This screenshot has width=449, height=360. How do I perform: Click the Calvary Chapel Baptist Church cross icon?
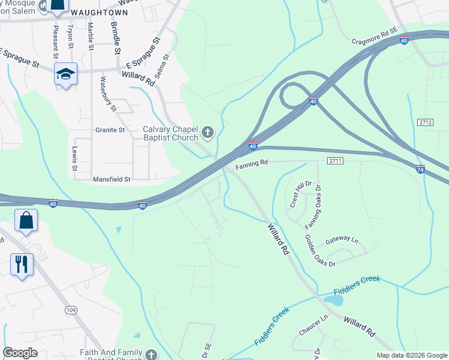tap(208, 131)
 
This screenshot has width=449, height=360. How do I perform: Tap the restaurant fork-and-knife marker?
tap(20, 263)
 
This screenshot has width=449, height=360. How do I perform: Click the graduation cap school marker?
tap(65, 74)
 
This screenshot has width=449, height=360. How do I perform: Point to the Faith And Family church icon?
tap(151, 354)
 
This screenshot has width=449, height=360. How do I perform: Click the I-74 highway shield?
tap(420, 169)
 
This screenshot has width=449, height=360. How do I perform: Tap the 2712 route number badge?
tap(425, 122)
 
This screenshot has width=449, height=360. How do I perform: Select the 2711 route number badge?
tap(335, 160)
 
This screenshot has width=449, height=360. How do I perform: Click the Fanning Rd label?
tap(252, 163)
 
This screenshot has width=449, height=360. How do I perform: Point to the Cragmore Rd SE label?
tap(374, 40)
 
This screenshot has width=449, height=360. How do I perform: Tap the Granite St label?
tap(110, 130)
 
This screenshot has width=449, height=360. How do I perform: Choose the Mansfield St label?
tap(112, 179)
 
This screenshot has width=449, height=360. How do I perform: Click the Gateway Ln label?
tap(341, 240)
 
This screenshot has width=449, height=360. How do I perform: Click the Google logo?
tap(20, 353)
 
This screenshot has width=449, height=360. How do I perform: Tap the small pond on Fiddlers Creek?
tap(332, 299)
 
